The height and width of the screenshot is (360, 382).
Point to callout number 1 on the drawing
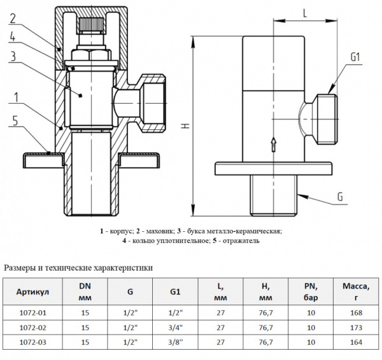12,97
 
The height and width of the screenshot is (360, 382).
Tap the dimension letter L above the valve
306,11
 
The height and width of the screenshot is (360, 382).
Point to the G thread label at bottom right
339,198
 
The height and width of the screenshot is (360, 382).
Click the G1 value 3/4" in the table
176,328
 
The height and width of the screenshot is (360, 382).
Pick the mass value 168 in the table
356,313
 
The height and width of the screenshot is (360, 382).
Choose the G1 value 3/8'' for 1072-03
176,342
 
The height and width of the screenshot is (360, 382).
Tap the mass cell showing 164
356,342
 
